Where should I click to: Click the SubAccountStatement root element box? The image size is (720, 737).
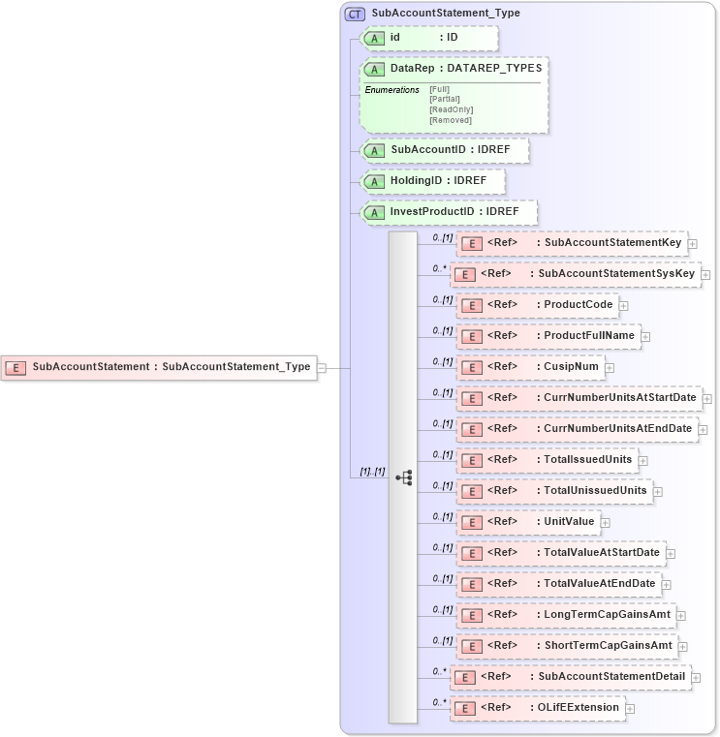coord(159,367)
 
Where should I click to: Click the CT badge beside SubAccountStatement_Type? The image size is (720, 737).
coord(355,14)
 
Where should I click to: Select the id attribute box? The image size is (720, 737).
coord(429,38)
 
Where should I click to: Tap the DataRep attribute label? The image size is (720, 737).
coord(413,69)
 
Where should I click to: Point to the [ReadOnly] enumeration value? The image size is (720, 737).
coord(451,109)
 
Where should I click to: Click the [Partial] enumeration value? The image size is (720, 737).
coord(444,99)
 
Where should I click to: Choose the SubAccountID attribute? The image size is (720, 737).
coord(445,151)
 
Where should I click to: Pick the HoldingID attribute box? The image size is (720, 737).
coord(432,181)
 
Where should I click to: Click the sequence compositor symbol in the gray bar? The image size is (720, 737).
coord(404,477)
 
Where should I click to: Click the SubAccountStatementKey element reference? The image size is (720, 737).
coord(572,243)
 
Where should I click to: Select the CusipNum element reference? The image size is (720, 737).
coord(531,367)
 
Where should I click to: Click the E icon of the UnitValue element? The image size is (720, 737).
coord(471,523)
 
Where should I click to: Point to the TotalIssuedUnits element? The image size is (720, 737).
coord(548,460)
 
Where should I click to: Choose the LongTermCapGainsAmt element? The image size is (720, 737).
coord(566,615)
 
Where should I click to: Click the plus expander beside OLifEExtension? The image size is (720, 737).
coord(630,708)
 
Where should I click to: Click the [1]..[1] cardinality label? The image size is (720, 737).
coord(372,472)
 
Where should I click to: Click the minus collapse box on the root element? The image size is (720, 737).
coord(322,367)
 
